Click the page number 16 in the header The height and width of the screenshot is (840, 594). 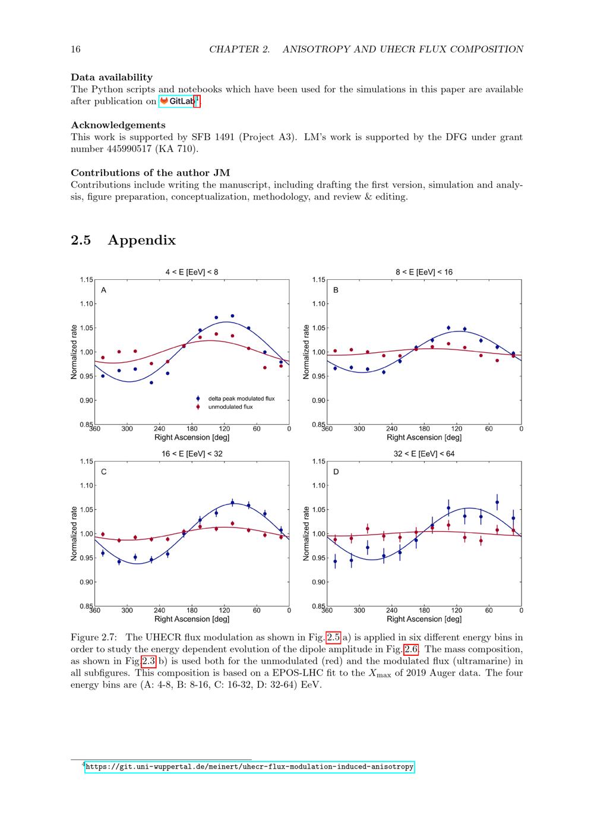coord(75,49)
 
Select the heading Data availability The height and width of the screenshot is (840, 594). coord(112,77)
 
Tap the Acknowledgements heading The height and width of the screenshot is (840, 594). coord(118,125)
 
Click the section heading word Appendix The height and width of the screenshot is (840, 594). coord(141,240)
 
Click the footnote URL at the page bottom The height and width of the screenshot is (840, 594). coord(249,767)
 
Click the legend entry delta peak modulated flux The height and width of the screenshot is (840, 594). coord(241,399)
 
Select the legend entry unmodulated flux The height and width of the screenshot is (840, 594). coord(230,407)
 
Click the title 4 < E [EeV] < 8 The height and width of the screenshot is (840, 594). coord(191,272)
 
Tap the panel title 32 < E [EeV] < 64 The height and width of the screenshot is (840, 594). coord(424,454)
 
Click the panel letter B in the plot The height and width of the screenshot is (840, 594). coord(336,290)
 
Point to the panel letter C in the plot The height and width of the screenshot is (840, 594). coord(104,472)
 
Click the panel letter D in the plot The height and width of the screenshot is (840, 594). coord(336,472)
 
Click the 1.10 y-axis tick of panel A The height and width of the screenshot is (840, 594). coord(86,304)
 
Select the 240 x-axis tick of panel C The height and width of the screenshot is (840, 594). coord(159,611)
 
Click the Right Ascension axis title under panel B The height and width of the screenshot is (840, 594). coord(424,437)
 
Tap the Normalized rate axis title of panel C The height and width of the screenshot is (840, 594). coord(74,533)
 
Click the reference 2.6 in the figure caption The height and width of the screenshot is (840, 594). coord(411,649)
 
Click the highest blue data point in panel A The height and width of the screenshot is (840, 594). coord(232,316)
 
